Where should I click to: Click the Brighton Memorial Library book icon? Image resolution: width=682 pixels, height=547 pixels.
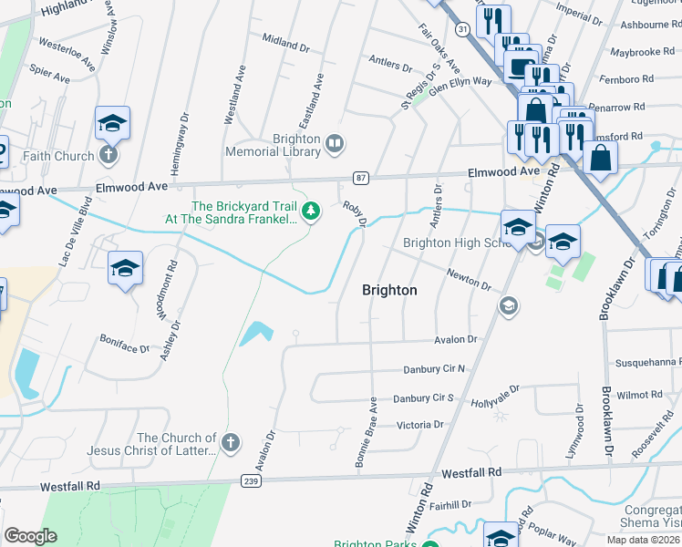coord(335,143)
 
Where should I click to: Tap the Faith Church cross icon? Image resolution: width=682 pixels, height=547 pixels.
coord(108,155)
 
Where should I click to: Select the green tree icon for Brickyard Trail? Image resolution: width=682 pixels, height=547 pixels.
coord(312,212)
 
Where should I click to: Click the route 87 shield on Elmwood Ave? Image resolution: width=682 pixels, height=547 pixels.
coord(361,177)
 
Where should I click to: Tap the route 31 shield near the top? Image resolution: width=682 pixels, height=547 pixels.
coord(463,30)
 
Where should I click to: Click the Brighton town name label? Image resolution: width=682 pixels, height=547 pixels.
coord(389,290)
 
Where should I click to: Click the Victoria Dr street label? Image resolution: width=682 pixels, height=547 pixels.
coord(418,425)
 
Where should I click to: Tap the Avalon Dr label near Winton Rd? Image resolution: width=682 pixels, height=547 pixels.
coord(454,339)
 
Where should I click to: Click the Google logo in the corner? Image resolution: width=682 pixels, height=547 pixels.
coord(30,536)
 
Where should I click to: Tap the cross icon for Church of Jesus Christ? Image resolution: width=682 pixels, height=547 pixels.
coord(231,442)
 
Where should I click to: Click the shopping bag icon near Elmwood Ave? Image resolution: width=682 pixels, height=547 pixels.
coord(601,157)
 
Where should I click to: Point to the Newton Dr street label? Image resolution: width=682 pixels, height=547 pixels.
coord(469,278)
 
